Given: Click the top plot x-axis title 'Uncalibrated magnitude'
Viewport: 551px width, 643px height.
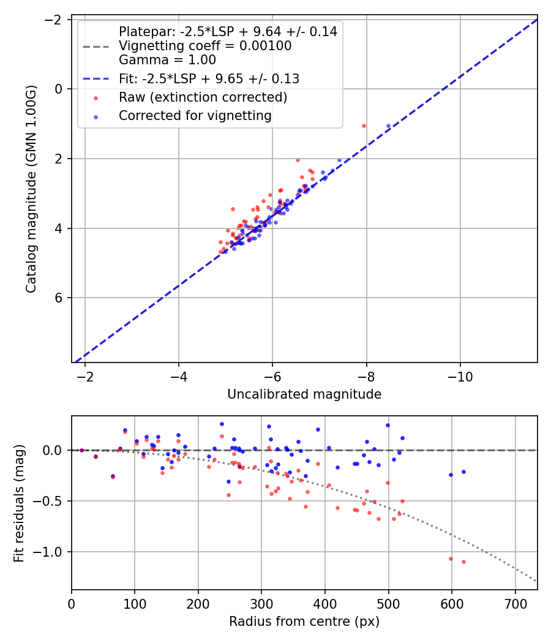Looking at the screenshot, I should pos(304,394).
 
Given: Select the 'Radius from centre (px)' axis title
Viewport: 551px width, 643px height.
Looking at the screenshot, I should pos(304,622).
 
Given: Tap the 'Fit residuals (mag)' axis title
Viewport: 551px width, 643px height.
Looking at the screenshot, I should pos(19,503).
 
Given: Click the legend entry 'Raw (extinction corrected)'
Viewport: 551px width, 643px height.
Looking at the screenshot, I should pos(203,97).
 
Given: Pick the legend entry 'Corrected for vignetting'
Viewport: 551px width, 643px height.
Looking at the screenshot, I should pos(195,115).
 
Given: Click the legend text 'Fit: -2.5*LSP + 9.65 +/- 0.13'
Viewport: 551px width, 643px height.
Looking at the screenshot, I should pos(209,79).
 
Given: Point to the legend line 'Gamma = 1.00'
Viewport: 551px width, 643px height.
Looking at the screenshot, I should pos(167,60).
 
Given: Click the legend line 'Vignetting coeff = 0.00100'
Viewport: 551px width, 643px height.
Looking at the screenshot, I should pos(205,46).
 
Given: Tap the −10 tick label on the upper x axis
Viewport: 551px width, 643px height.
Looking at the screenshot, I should pos(460,377).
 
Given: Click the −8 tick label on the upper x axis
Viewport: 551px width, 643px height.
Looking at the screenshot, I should pos(366,377).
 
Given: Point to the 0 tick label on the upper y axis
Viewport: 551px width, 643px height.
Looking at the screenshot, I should pos(59,89).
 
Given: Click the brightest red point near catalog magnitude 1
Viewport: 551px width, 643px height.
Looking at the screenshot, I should pos(364,126).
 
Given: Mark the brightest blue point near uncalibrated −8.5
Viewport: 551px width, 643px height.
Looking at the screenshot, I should pos(388,126).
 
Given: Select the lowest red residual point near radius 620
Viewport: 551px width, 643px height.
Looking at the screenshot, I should pos(463,562).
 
